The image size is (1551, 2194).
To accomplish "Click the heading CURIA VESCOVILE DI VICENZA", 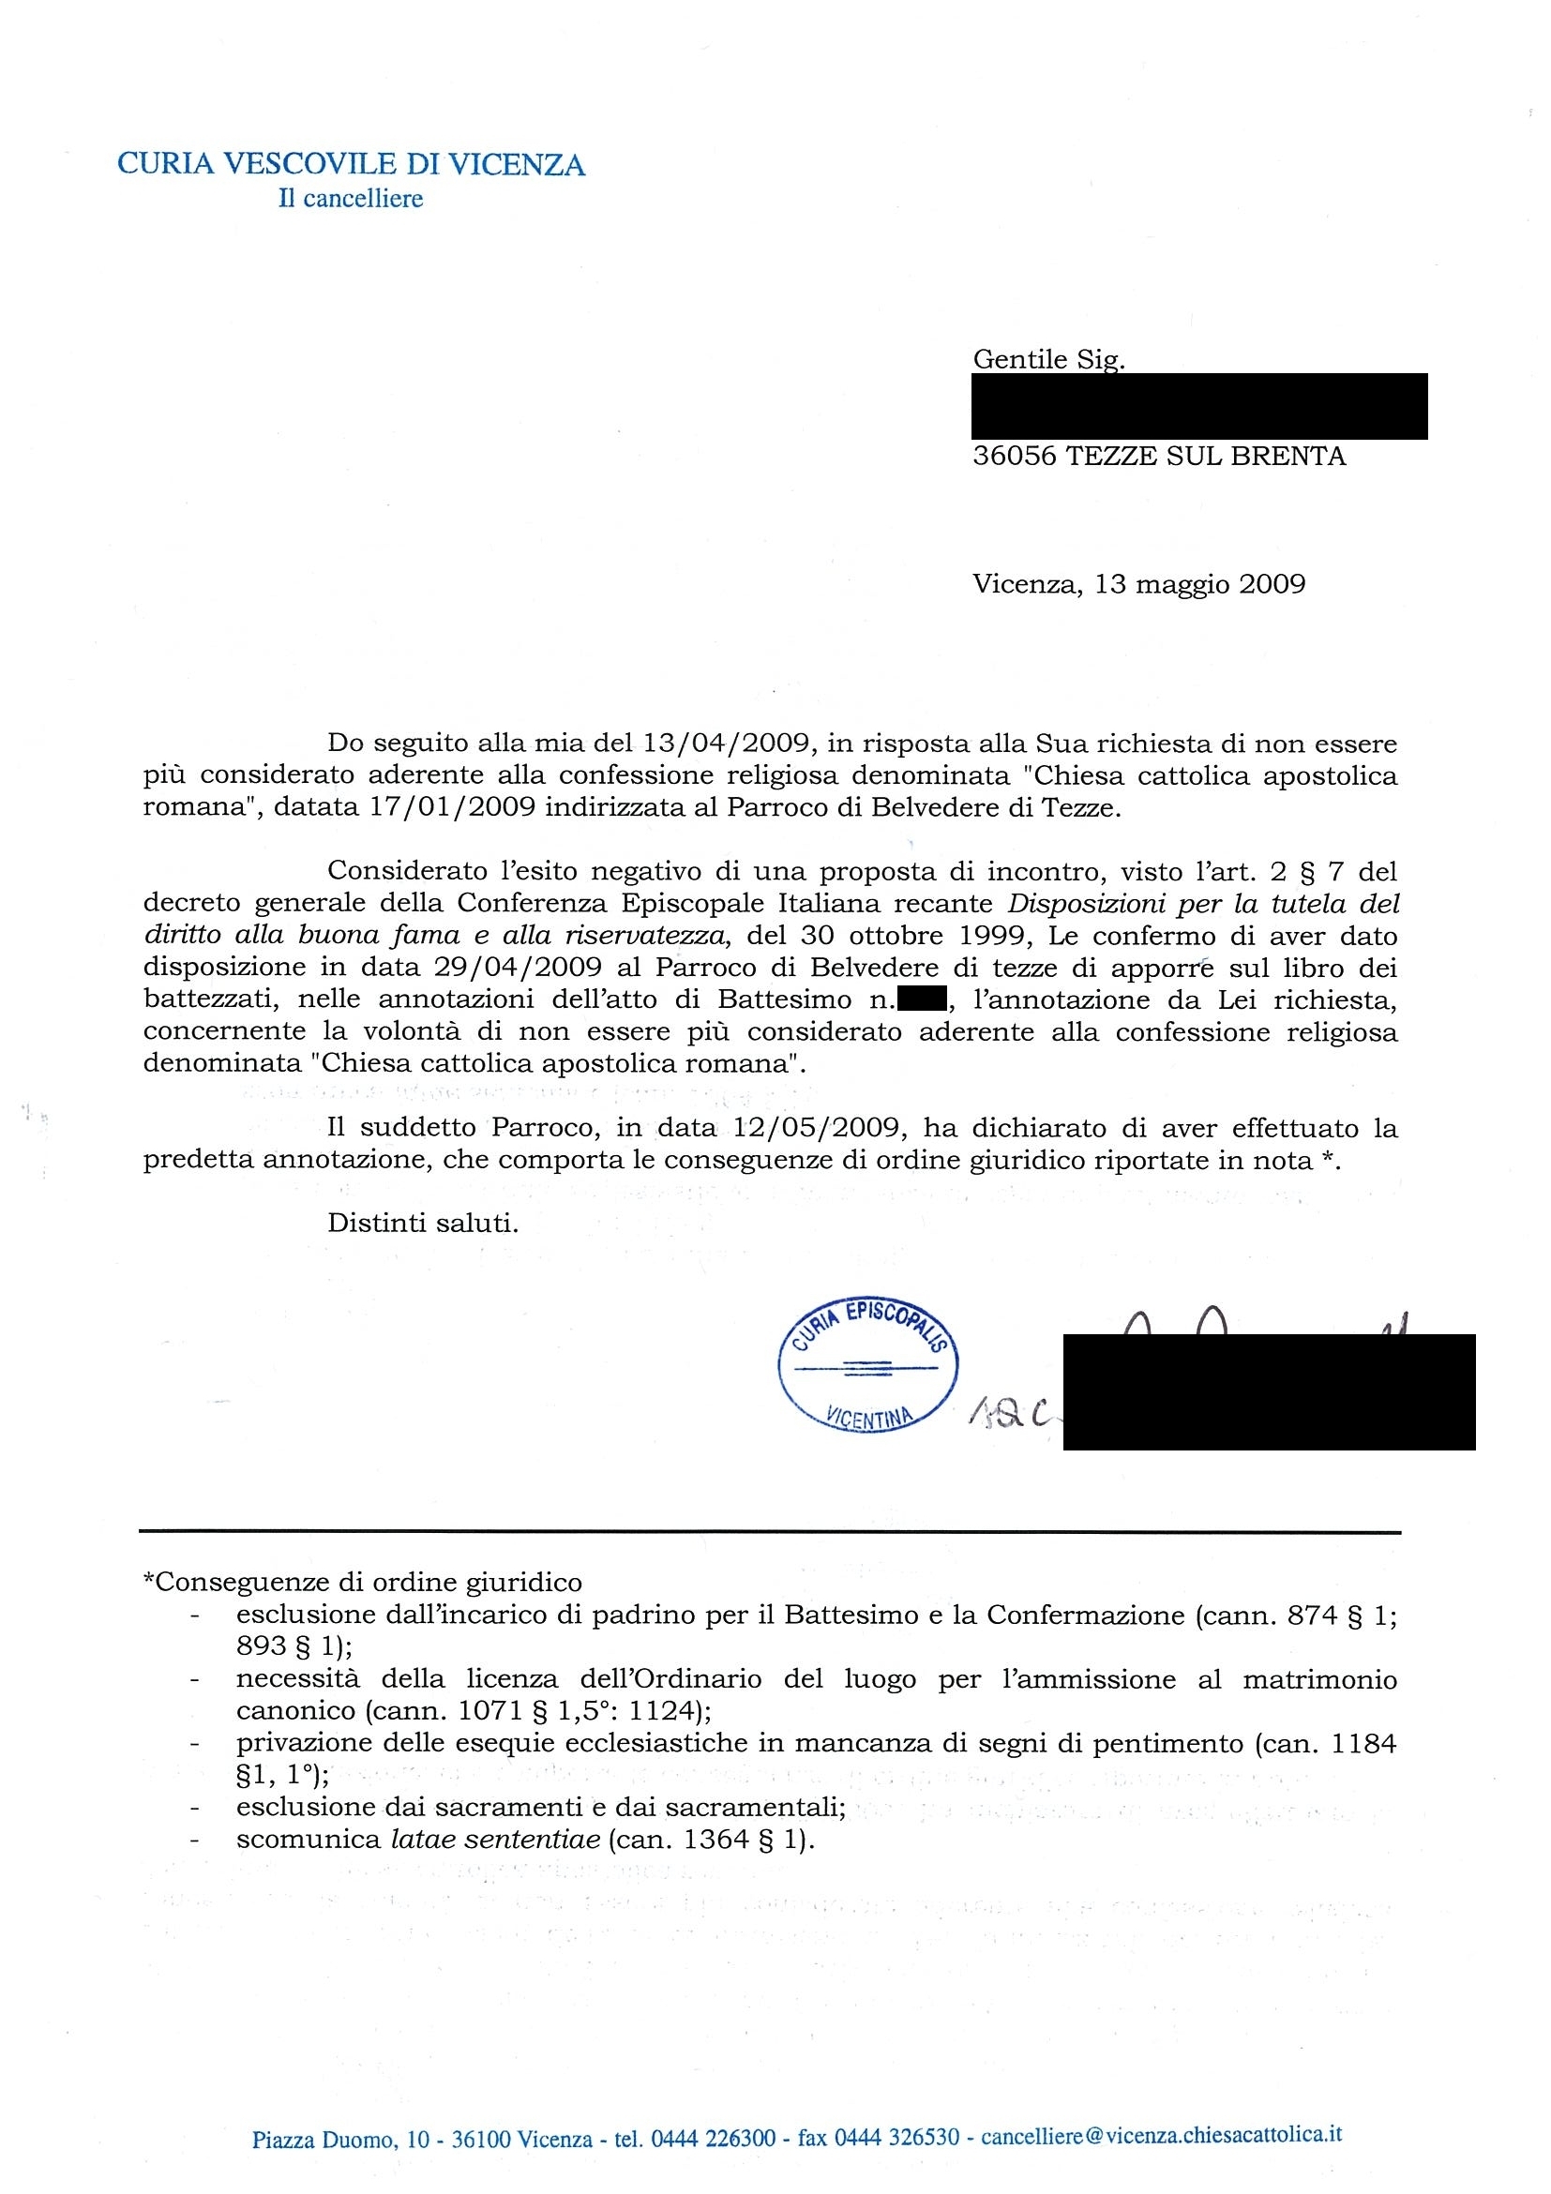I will click(351, 165).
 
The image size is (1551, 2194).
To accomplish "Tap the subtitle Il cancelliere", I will click(351, 199).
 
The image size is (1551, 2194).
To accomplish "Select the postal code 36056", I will click(1014, 456).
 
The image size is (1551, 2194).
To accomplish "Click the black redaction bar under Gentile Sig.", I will click(1199, 406).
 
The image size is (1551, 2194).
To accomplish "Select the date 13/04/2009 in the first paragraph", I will click(728, 743).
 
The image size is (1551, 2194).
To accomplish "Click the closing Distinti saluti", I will click(422, 1225).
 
